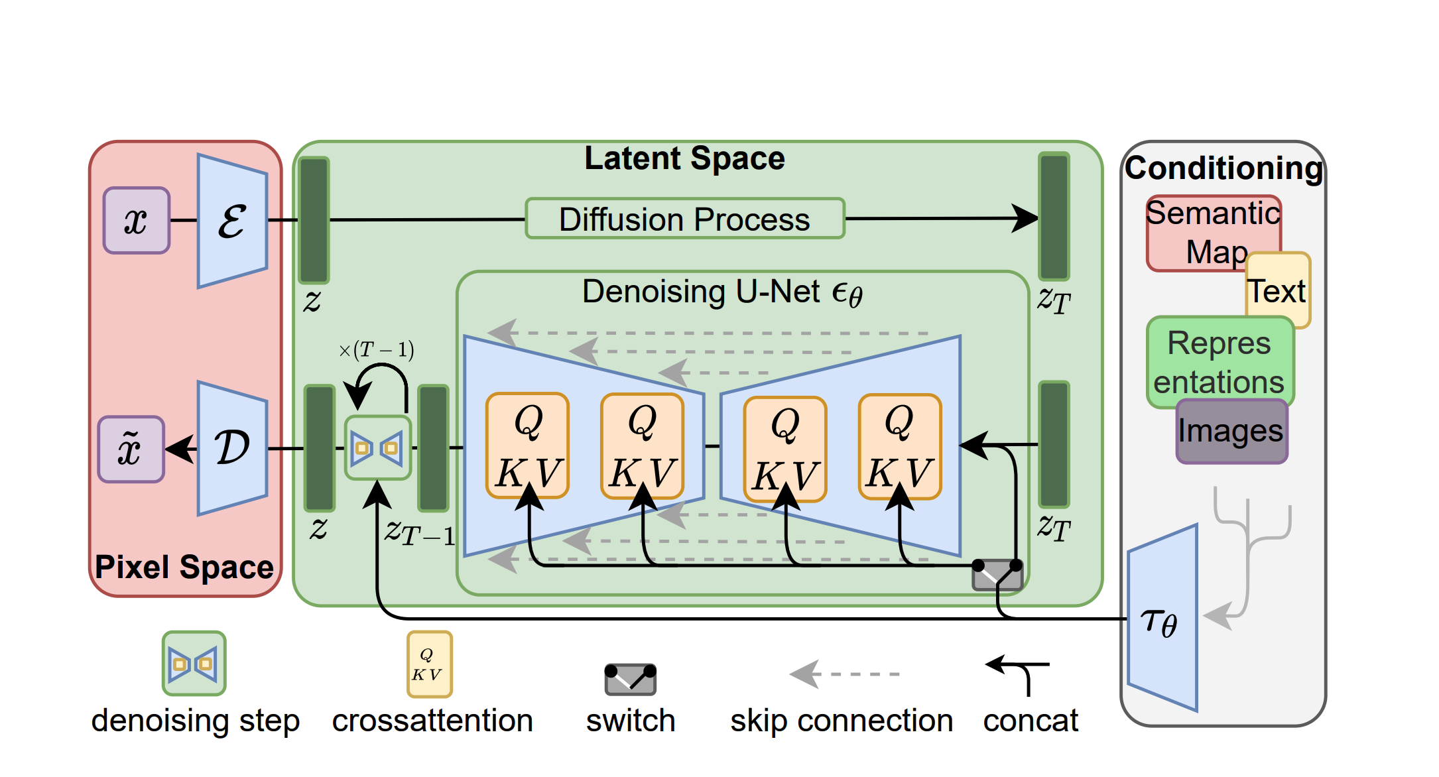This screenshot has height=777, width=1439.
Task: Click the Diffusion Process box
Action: point(684,219)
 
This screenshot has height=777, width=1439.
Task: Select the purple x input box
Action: point(137,220)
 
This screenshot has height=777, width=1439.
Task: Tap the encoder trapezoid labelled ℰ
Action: point(233,221)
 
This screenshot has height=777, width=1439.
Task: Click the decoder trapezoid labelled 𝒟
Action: point(233,448)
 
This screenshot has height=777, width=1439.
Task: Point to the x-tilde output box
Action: point(131,449)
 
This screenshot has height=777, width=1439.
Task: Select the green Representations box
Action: point(1219,362)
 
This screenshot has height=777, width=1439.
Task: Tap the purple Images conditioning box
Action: point(1231,432)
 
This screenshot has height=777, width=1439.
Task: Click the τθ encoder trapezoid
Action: point(1162,620)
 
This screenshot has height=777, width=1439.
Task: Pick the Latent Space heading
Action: point(684,159)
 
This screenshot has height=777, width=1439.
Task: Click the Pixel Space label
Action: point(184,568)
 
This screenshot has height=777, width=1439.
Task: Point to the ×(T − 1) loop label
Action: point(376,349)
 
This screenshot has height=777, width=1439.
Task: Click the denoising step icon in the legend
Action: point(194,664)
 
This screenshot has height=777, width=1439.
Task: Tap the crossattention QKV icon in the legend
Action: point(430,664)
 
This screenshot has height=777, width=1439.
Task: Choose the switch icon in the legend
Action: point(630,679)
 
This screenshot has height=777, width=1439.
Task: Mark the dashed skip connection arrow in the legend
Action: point(844,674)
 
